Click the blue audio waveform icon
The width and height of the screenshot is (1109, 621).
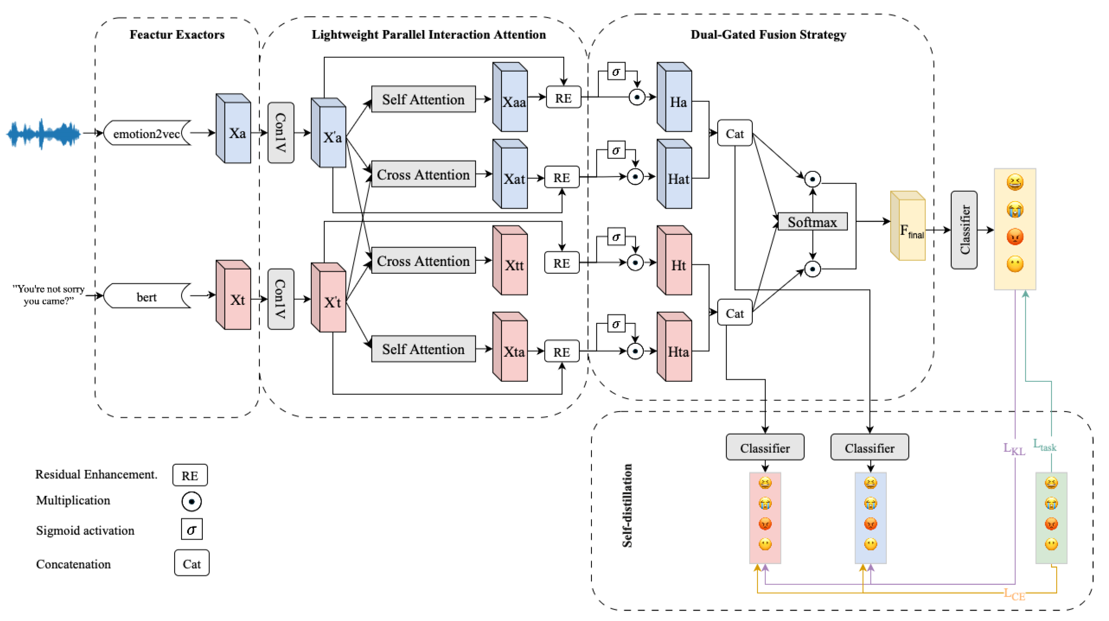tap(43, 134)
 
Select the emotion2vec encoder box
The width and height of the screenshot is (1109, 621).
tap(146, 134)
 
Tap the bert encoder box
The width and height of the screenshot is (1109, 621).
tap(146, 297)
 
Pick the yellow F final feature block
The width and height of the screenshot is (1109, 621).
tap(907, 227)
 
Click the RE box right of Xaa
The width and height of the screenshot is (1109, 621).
tap(563, 98)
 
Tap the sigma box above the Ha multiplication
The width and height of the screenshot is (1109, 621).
tap(616, 72)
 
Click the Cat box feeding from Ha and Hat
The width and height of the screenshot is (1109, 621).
tap(734, 134)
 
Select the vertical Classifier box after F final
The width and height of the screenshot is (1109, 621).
tap(964, 230)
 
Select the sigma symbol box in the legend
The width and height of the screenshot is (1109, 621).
tap(191, 529)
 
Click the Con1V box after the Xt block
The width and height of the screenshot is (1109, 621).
tap(281, 299)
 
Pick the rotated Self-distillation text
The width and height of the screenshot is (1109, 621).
tap(627, 505)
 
